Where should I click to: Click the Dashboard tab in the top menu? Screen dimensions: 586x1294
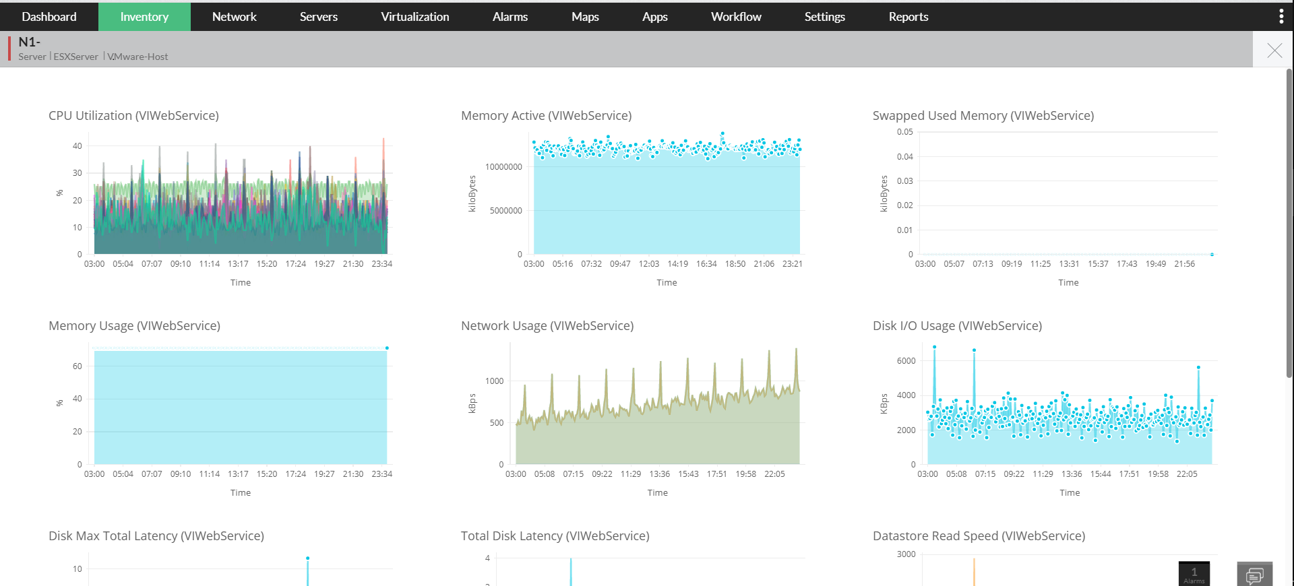pyautogui.click(x=49, y=17)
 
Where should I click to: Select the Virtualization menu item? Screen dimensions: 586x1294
pyautogui.click(x=414, y=17)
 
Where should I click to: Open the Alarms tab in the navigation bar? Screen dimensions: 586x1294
pyautogui.click(x=510, y=17)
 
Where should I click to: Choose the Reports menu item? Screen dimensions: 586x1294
pyautogui.click(x=908, y=17)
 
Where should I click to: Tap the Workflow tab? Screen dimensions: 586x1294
pyautogui.click(x=736, y=17)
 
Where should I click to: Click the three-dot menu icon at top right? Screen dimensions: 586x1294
pyautogui.click(x=1281, y=17)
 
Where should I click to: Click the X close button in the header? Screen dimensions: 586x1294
pyautogui.click(x=1274, y=51)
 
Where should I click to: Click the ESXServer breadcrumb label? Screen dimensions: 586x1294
pyautogui.click(x=75, y=57)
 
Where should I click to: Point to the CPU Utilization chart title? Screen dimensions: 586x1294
pyautogui.click(x=133, y=116)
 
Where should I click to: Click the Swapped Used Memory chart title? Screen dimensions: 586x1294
pyautogui.click(x=983, y=116)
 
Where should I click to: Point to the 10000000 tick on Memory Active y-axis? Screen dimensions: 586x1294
pyautogui.click(x=503, y=167)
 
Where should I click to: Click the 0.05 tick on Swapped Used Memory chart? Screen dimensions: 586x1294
pyautogui.click(x=904, y=132)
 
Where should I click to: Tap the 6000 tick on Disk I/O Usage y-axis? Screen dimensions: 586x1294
pyautogui.click(x=906, y=361)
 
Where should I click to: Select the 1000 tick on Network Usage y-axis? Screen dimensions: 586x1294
pyautogui.click(x=494, y=381)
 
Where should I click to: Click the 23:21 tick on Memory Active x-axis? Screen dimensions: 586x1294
pyautogui.click(x=792, y=264)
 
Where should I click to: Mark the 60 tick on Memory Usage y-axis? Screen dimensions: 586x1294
pyautogui.click(x=78, y=366)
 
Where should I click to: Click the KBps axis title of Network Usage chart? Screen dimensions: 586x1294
pyautogui.click(x=472, y=403)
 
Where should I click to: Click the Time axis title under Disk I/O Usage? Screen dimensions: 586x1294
pyautogui.click(x=1069, y=493)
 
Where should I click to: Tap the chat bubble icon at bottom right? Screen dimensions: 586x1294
pyautogui.click(x=1254, y=575)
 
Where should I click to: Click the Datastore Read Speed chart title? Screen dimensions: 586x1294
pyautogui.click(x=979, y=536)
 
